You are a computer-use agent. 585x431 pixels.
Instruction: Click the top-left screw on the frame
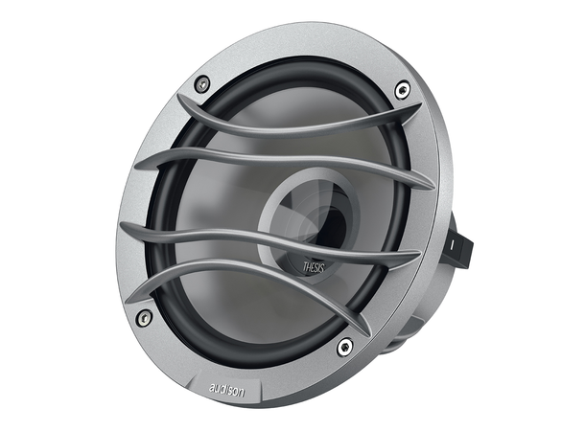pyautogui.click(x=201, y=85)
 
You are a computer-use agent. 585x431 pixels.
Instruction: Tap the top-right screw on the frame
pyautogui.click(x=401, y=92)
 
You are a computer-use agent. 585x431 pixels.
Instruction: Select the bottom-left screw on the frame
pyautogui.click(x=144, y=317)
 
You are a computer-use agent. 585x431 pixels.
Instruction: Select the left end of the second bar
pyautogui.click(x=139, y=163)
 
